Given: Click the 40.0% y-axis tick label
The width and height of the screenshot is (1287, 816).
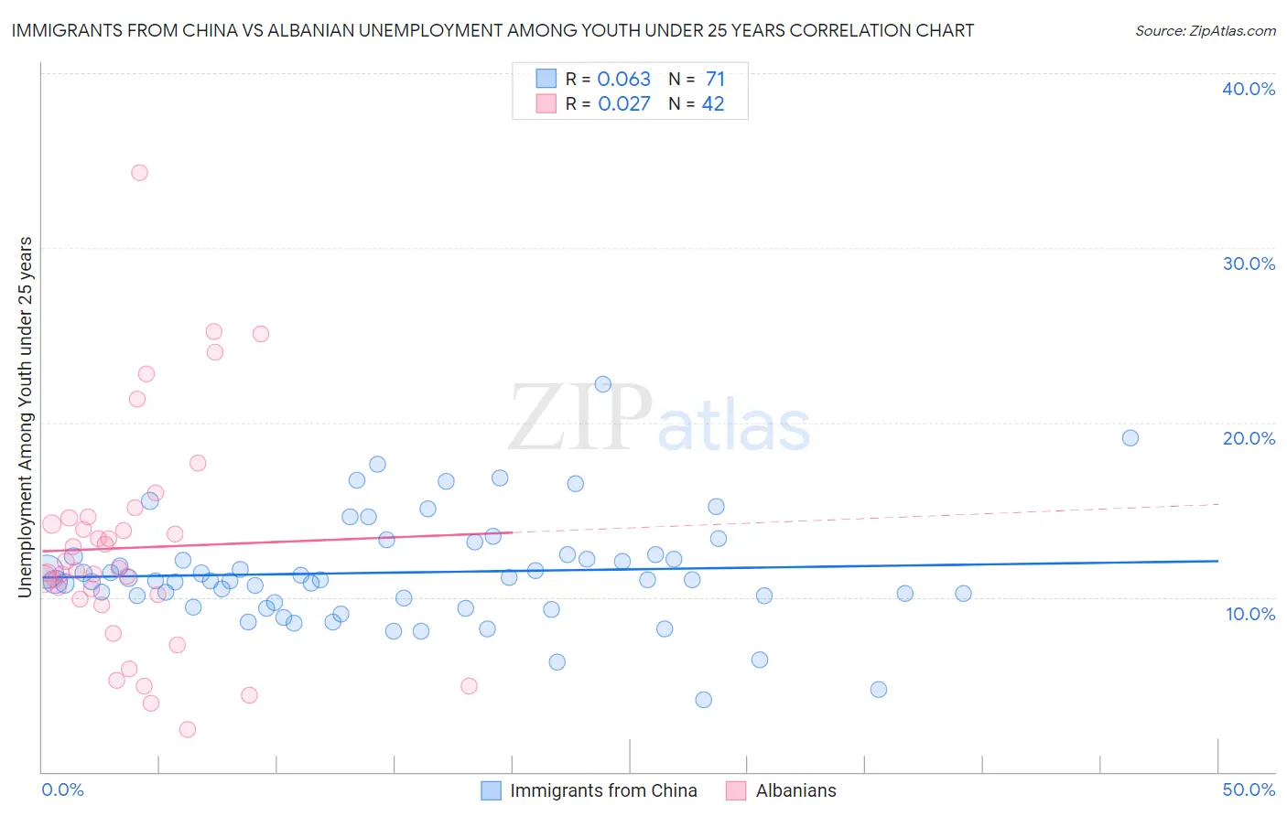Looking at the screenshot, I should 1248,89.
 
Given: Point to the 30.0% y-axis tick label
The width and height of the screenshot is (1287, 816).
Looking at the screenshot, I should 1248,263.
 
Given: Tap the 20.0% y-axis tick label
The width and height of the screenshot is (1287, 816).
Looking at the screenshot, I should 1248,438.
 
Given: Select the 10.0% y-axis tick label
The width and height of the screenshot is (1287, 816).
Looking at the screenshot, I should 1249,613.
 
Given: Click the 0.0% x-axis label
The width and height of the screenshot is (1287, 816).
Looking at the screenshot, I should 62,789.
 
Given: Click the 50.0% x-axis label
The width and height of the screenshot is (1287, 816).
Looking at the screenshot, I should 1248,789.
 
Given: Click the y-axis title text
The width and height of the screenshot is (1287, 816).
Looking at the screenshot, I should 26,417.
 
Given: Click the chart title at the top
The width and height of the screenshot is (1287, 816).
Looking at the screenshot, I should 492,30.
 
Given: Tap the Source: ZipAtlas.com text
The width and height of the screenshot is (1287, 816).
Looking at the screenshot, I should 1205,30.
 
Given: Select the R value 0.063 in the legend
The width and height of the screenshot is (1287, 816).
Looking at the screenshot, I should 623,79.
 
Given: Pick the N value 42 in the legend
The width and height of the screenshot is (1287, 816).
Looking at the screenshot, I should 713,103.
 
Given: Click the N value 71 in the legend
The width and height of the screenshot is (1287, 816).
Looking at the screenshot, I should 715,79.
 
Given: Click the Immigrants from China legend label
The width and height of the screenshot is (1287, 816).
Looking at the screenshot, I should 603,790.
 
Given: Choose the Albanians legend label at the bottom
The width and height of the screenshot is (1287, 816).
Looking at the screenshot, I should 795,790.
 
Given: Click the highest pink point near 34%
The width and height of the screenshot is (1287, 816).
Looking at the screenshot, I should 139,172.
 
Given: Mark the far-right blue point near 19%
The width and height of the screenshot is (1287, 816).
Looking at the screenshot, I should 1130,437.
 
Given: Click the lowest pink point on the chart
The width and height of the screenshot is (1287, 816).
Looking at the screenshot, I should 188,729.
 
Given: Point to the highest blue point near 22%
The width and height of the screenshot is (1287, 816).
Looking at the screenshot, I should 602,384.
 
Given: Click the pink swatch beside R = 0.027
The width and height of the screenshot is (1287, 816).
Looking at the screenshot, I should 546,103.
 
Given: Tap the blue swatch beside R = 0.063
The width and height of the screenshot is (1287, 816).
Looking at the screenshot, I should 546,79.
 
